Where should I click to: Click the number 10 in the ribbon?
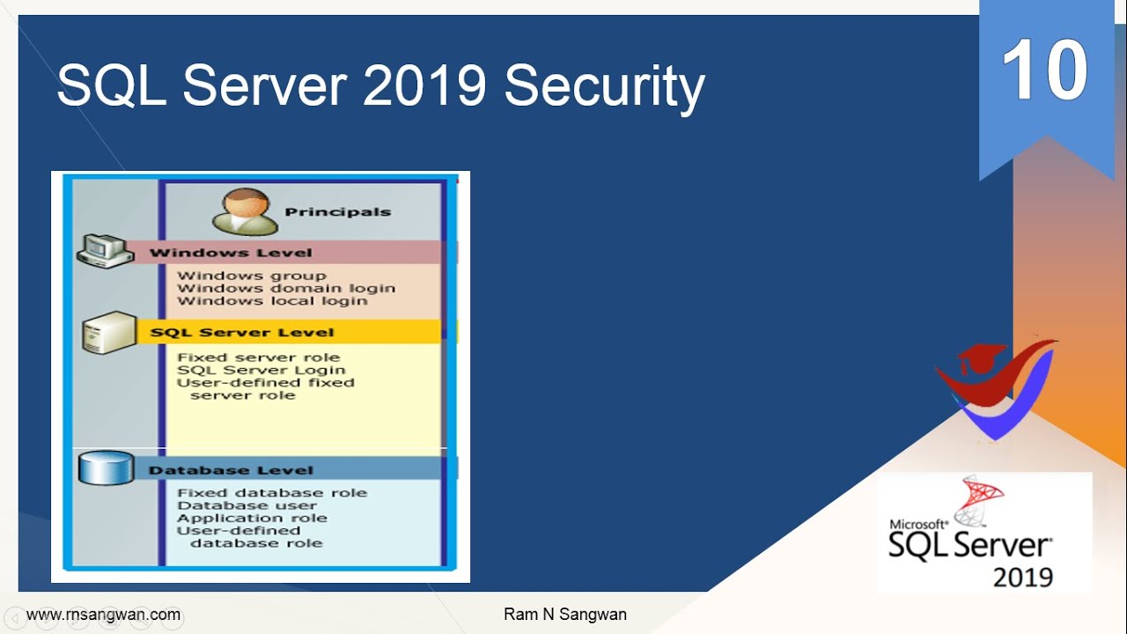tap(1044, 71)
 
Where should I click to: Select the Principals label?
tap(337, 212)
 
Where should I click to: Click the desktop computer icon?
tap(104, 251)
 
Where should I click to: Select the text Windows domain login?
tap(286, 288)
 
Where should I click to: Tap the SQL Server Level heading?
tap(242, 333)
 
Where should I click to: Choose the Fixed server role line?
tap(258, 358)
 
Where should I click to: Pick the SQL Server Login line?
tap(261, 370)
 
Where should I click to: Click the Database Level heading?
tap(231, 470)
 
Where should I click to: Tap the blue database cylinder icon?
tap(105, 468)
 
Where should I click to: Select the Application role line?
tap(252, 518)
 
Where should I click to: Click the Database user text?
tap(247, 505)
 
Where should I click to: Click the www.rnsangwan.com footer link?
tap(103, 615)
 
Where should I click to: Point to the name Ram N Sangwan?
tap(564, 615)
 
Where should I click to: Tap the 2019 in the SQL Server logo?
tap(1023, 577)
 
